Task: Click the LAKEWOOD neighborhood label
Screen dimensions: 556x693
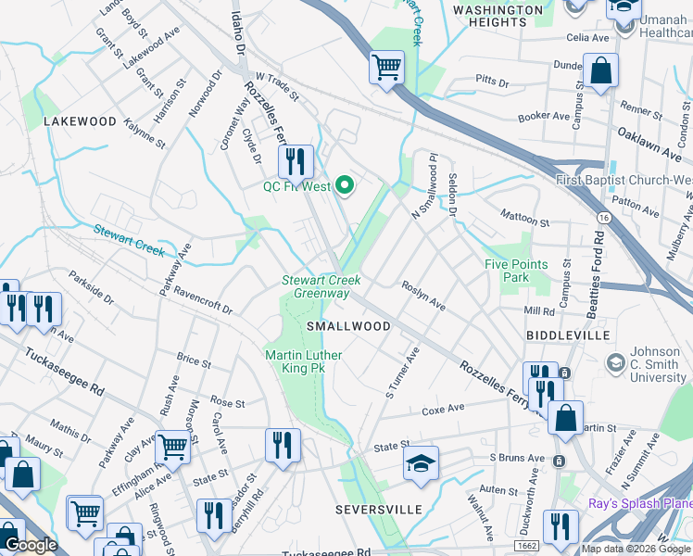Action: point(80,121)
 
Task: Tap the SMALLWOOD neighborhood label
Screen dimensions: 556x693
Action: point(349,326)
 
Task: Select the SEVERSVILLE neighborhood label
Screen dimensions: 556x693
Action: point(378,510)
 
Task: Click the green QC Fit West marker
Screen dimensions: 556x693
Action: point(346,186)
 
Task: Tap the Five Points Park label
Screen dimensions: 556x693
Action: point(516,271)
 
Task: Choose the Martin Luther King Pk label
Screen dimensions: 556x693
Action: point(303,362)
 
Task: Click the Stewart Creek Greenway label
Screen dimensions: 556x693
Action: point(321,286)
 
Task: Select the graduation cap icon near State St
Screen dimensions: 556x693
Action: point(421,462)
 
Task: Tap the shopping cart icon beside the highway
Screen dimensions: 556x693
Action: point(386,67)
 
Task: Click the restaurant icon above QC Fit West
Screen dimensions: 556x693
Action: point(296,161)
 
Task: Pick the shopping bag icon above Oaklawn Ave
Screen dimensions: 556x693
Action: point(600,69)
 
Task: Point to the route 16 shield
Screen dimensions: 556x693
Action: point(603,216)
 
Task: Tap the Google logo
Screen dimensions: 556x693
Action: point(31,545)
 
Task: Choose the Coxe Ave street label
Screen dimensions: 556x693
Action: point(443,410)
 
